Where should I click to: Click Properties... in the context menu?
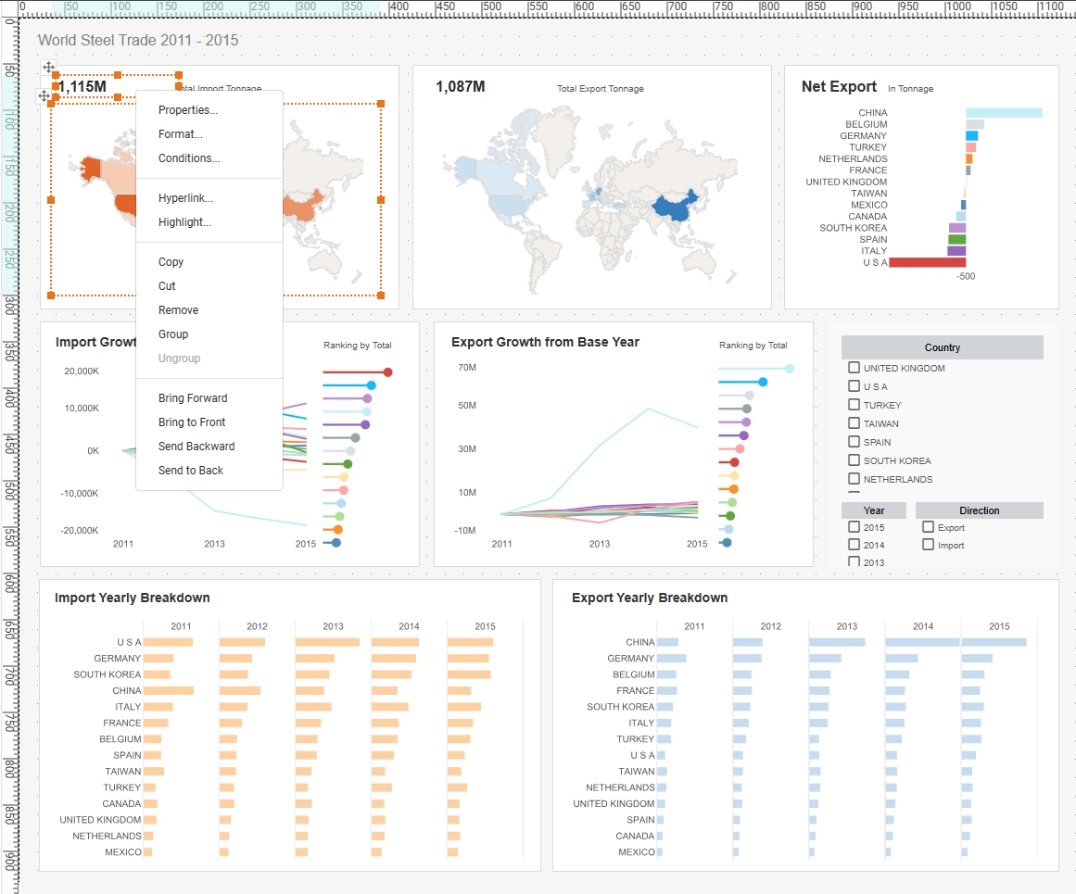pos(188,110)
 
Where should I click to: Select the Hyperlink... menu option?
pos(185,198)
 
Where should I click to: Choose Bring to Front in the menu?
pos(192,422)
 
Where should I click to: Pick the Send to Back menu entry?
pos(191,471)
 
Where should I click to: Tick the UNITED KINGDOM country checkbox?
pos(854,368)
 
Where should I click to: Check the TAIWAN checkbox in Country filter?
pos(854,423)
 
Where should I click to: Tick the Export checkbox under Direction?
pos(928,527)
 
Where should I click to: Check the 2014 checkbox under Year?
pos(854,545)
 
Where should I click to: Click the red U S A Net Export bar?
pos(927,262)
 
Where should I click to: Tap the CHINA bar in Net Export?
pos(1004,113)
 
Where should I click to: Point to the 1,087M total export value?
pos(461,87)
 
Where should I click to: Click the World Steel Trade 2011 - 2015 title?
pos(138,41)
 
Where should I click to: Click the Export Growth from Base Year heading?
pos(545,342)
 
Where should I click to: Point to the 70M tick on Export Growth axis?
pos(467,368)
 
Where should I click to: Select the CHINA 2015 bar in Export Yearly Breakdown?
pos(994,642)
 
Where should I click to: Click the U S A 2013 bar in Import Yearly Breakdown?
pos(327,642)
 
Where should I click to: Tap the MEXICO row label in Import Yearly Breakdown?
pos(123,851)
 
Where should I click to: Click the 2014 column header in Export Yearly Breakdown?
pos(923,626)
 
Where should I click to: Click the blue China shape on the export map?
pos(671,209)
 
